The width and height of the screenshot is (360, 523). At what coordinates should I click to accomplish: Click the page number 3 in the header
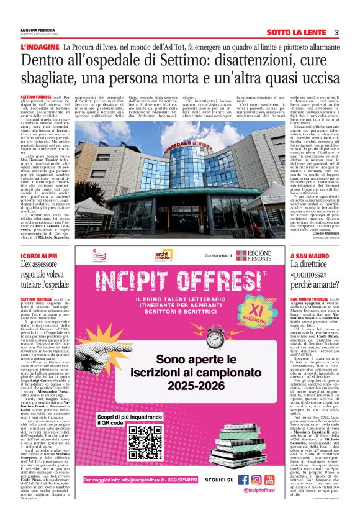pos(336,32)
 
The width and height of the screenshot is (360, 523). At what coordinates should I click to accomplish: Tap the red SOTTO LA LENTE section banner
pos(297,32)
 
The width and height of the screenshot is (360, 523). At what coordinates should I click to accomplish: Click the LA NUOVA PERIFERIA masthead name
pos(37,29)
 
